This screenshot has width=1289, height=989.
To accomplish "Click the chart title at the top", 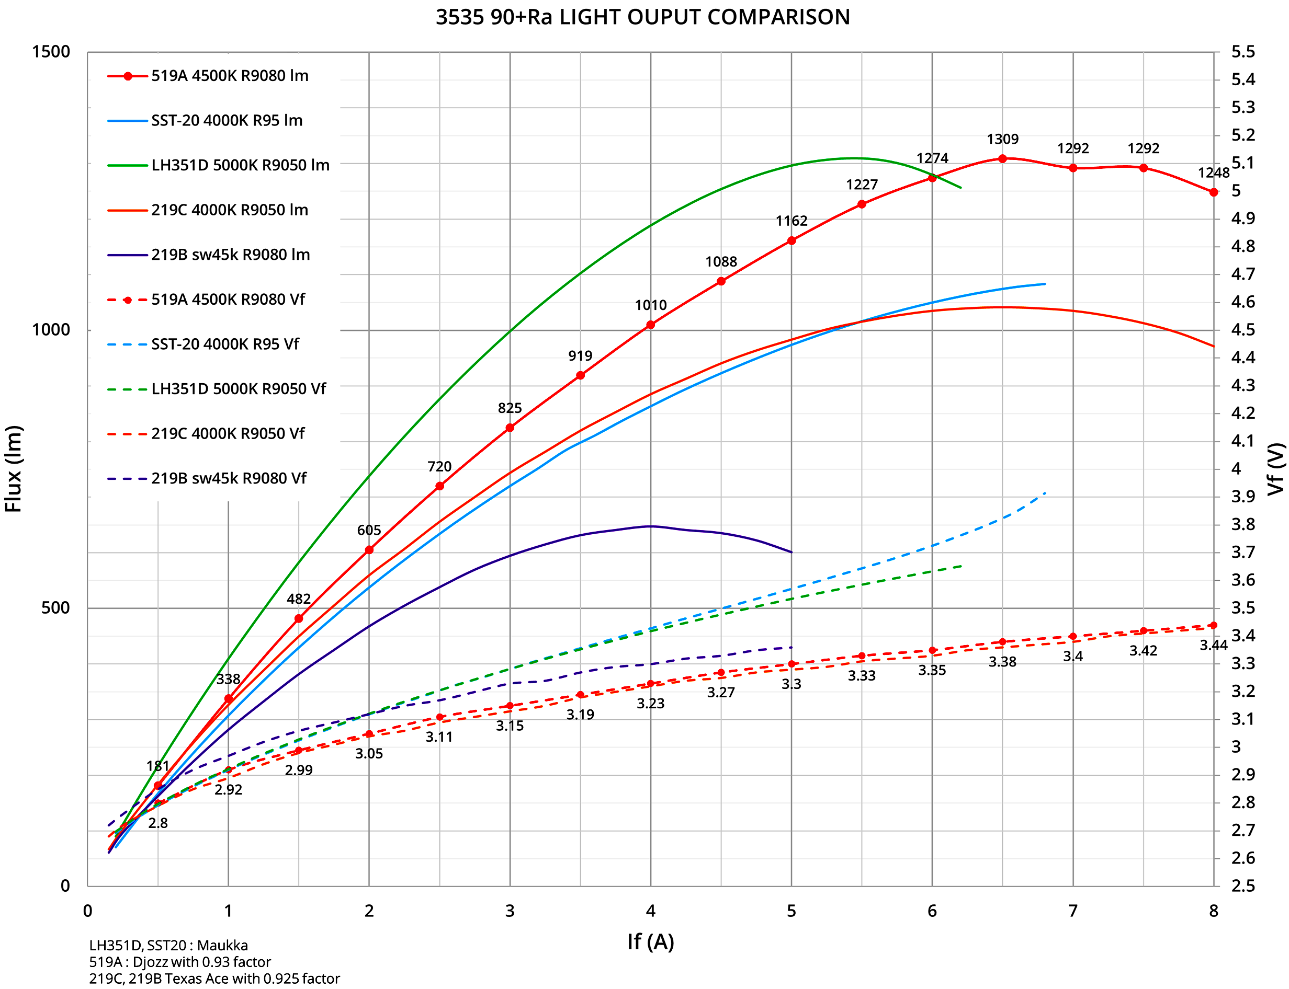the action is (x=643, y=17).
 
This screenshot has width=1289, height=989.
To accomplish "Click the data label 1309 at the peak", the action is (x=1003, y=140).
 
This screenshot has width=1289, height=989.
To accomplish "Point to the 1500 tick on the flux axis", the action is (x=51, y=52).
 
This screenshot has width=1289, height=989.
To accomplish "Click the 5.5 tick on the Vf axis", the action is (x=1243, y=52).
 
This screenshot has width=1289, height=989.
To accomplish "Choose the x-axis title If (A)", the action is (x=650, y=942).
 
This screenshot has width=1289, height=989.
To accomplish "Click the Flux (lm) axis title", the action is (x=13, y=468).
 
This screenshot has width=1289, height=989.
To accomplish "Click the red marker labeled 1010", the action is (x=650, y=325).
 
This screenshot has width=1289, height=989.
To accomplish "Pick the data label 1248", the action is (x=1214, y=173).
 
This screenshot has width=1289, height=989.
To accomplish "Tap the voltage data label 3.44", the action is (x=1214, y=645).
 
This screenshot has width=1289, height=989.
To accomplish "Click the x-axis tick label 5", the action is (x=791, y=911).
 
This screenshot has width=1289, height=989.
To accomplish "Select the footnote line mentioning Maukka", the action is (x=168, y=946).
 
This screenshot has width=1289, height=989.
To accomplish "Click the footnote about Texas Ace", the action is (x=214, y=979).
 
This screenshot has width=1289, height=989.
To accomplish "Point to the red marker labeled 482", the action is (x=299, y=619).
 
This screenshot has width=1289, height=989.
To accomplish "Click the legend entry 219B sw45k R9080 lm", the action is (x=230, y=255).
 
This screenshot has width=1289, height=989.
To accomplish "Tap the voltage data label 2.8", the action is (x=158, y=823).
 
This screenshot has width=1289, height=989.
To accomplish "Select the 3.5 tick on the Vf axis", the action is (x=1243, y=608).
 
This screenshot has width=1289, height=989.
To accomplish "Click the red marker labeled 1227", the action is (x=862, y=204).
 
